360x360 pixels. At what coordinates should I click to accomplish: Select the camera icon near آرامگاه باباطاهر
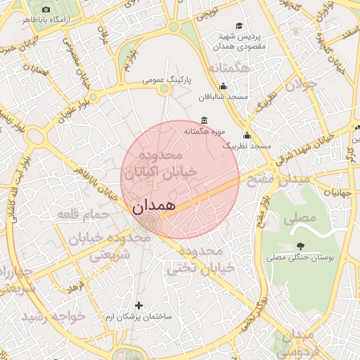(x=46, y=10)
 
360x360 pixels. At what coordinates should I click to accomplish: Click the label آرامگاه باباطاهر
(x=46, y=21)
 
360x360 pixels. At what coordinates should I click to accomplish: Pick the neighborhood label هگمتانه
(x=229, y=69)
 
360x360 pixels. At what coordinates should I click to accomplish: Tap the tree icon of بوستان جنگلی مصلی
(x=301, y=246)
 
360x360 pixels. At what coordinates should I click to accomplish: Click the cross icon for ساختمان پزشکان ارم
(x=139, y=305)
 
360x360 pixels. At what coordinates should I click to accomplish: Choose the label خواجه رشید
(x=54, y=316)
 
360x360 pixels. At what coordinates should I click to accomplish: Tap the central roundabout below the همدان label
(x=148, y=225)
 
